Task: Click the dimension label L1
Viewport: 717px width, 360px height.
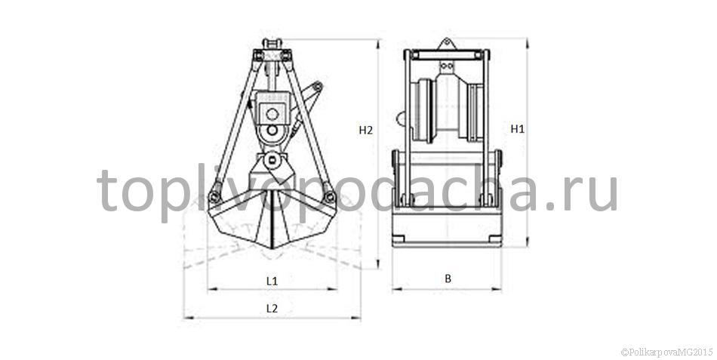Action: [x=272, y=281]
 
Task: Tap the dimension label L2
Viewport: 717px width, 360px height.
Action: [x=272, y=309]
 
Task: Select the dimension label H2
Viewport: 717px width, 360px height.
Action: [x=366, y=130]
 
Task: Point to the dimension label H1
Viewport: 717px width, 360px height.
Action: [x=518, y=129]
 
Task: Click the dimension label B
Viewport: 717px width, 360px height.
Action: [x=448, y=278]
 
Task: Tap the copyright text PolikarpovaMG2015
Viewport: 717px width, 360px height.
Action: [x=666, y=352]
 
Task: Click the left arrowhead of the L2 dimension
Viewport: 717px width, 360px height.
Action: [x=188, y=318]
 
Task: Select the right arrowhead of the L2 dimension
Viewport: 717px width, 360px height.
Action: [x=356, y=318]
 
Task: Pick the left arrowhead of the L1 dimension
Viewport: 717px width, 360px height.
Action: [x=212, y=289]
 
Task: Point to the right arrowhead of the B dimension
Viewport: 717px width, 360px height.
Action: [x=497, y=289]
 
